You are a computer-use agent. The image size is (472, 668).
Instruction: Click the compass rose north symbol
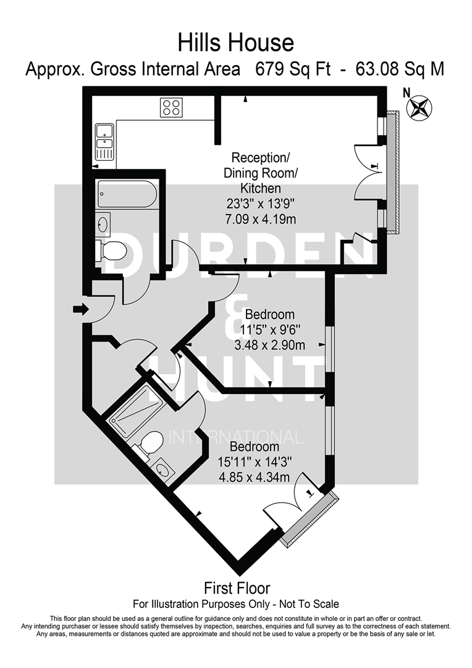point(419,106)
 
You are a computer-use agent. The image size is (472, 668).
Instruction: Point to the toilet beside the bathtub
point(113,250)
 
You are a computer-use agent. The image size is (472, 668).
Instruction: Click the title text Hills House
point(235,43)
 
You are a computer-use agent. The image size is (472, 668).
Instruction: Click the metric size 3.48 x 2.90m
point(270,345)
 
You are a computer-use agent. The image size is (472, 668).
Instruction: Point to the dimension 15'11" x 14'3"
point(254,461)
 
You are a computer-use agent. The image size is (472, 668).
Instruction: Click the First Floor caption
point(237,588)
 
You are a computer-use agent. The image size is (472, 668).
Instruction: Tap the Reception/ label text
point(252,158)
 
